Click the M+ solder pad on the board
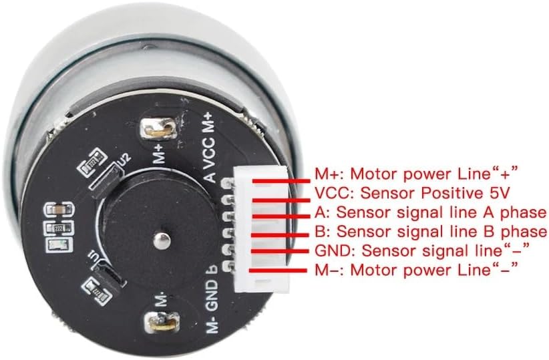(x=162, y=127)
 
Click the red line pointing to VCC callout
(x=281, y=197)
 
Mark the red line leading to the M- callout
(x=281, y=269)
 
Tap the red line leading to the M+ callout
(x=281, y=179)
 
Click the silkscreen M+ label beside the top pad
(x=158, y=155)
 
